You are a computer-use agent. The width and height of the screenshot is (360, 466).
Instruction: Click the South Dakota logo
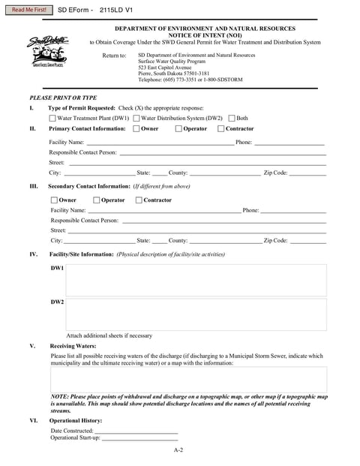[x=46, y=53]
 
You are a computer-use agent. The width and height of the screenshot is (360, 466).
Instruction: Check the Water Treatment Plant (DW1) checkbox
[x=52, y=118]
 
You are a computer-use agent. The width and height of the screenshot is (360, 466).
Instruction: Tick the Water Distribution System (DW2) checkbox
[x=136, y=118]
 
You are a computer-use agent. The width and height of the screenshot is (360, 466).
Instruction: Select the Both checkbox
[x=232, y=118]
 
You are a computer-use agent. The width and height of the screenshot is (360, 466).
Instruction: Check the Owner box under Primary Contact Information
[x=136, y=129]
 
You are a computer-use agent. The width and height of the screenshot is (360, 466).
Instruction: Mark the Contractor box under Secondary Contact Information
[x=139, y=200]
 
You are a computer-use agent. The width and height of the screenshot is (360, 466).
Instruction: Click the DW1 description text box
[x=196, y=280]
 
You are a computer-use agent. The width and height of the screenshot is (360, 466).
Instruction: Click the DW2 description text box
[x=196, y=314]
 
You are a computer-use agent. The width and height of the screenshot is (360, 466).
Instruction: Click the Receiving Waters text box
[x=188, y=379]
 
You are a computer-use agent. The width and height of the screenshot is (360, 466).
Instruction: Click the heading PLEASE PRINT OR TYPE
[x=63, y=98]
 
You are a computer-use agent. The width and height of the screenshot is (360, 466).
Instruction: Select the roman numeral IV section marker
[x=34, y=254]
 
